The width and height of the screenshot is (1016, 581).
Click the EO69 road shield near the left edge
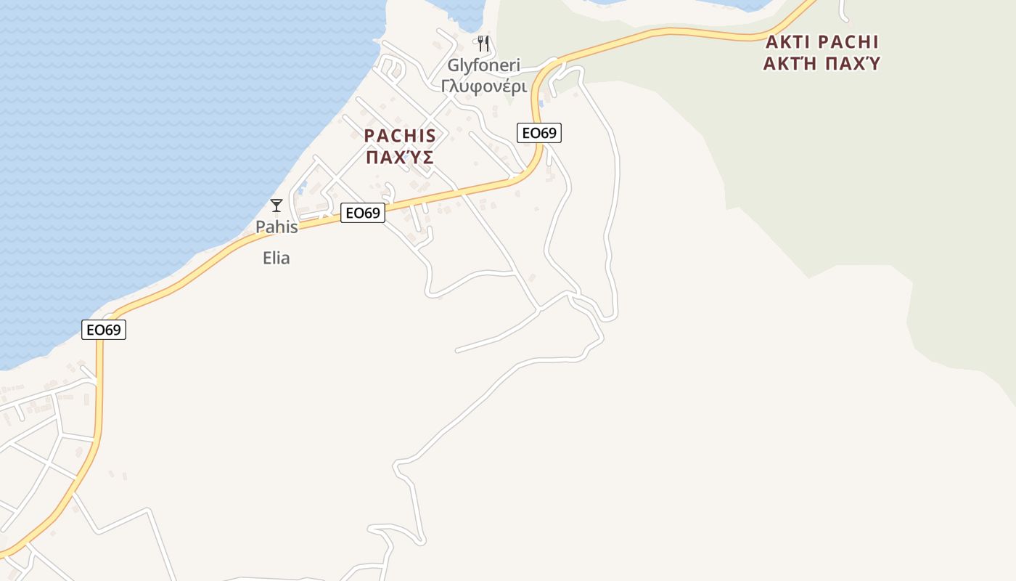point(104,330)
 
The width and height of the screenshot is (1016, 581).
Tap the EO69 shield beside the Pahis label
point(362,213)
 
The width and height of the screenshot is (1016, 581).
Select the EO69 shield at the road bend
point(539,133)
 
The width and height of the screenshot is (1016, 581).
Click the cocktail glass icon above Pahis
point(276,206)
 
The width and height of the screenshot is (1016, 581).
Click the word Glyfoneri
point(483,65)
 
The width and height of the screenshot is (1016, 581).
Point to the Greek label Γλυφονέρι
point(483,86)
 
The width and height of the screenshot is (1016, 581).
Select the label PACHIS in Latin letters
point(400,136)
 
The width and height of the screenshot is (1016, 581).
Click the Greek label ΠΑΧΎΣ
point(400,157)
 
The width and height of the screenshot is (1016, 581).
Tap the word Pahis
point(276,227)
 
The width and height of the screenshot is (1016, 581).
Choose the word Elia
point(276,258)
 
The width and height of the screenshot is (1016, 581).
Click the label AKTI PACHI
point(822,41)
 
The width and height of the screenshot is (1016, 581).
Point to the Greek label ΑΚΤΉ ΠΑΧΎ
point(822,63)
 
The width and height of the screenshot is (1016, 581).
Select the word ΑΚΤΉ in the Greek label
point(790,63)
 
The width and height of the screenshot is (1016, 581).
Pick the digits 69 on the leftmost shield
point(112,330)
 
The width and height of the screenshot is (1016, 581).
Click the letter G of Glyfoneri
point(453,65)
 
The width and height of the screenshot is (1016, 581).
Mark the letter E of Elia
point(266,258)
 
